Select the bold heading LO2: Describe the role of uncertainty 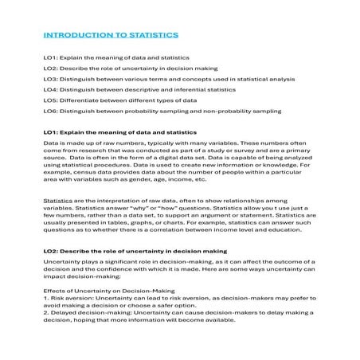click(x=135, y=251)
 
